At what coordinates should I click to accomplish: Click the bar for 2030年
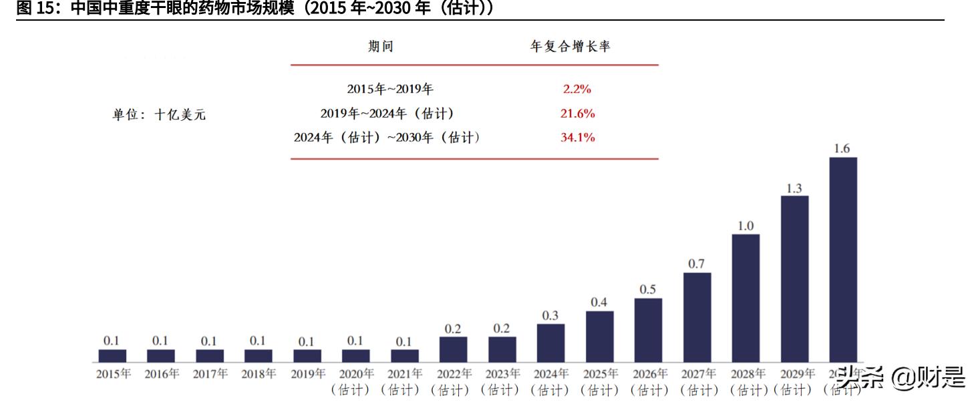(x=842, y=260)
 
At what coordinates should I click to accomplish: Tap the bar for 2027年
(x=697, y=317)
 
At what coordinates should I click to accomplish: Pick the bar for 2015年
(x=112, y=356)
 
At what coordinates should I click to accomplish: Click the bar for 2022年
(x=453, y=349)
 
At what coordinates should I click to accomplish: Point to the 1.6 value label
(x=842, y=149)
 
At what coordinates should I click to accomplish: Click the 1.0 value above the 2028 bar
(x=746, y=226)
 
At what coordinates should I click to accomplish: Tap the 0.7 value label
(x=696, y=264)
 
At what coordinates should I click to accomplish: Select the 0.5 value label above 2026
(x=647, y=290)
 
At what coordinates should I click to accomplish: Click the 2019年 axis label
(x=307, y=374)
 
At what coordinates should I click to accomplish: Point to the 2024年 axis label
(x=551, y=374)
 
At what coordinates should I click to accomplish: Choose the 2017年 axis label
(x=210, y=374)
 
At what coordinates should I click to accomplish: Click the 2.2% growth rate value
(x=577, y=89)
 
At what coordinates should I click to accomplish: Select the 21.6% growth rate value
(x=577, y=114)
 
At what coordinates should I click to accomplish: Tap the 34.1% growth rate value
(x=577, y=138)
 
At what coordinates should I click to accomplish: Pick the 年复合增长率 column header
(x=570, y=46)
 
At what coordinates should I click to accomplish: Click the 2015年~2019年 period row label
(x=390, y=89)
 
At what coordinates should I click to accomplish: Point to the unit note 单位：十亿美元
(x=159, y=115)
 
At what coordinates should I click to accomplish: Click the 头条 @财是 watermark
(x=901, y=378)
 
